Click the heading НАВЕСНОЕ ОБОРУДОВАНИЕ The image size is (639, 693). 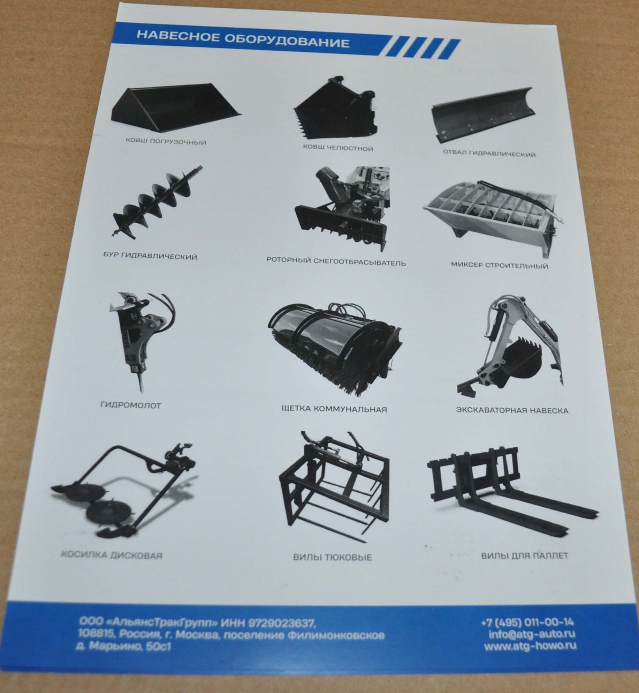point(243,39)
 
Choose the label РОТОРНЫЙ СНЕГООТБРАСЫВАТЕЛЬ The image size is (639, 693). point(336,262)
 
